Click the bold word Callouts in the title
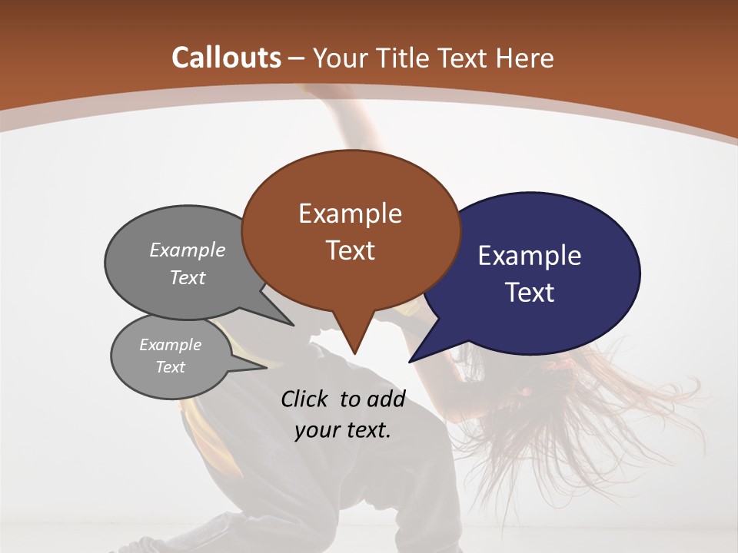tap(226, 58)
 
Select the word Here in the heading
tap(527, 58)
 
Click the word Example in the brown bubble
tap(350, 214)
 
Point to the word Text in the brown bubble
tap(350, 250)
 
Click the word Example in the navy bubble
tap(530, 256)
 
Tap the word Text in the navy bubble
tap(530, 293)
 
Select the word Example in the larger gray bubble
tap(188, 250)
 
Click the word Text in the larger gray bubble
tap(188, 277)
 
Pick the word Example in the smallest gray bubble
tap(170, 345)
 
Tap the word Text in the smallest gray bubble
tap(170, 367)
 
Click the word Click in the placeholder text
tap(305, 399)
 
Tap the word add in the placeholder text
tap(387, 399)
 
